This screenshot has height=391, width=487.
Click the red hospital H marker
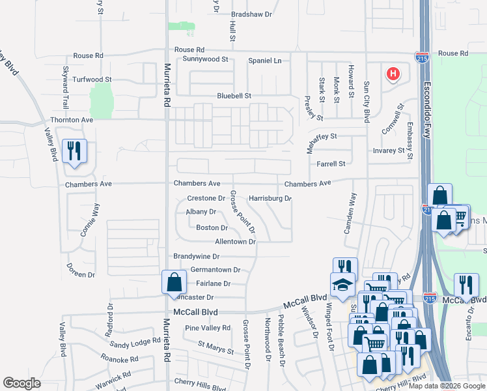pyautogui.click(x=393, y=74)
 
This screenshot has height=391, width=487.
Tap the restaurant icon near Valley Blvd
pyautogui.click(x=74, y=152)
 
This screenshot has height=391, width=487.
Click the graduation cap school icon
pyautogui.click(x=342, y=284)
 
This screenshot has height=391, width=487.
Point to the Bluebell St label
pyautogui.click(x=234, y=96)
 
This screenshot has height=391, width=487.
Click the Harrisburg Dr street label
pyautogui.click(x=270, y=198)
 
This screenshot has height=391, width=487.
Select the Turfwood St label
pyautogui.click(x=92, y=79)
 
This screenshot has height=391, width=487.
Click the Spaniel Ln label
pyautogui.click(x=264, y=61)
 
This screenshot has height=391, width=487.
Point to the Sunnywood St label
pyautogui.click(x=205, y=59)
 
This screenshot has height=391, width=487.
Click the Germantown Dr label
pyautogui.click(x=215, y=269)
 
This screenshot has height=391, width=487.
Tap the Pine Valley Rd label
pyautogui.click(x=208, y=328)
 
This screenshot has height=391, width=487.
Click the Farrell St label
pyautogui.click(x=331, y=164)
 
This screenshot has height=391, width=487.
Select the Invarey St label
pyautogui.click(x=389, y=151)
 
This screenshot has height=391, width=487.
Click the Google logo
pyautogui.click(x=21, y=383)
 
